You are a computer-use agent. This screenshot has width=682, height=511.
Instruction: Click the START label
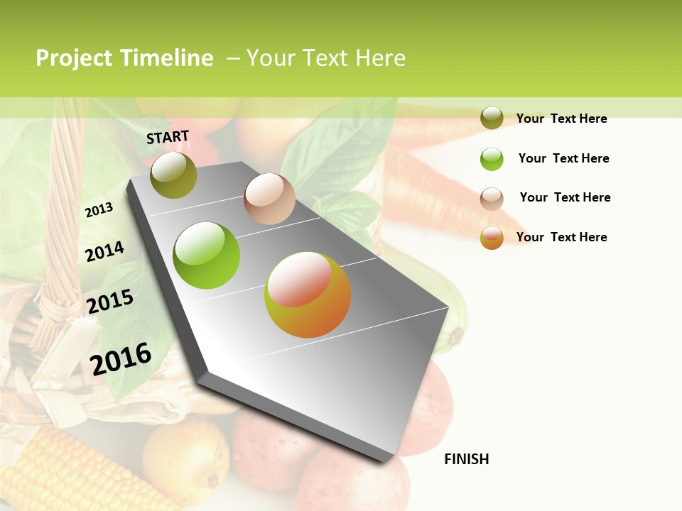(x=168, y=137)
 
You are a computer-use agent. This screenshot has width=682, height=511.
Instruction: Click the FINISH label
(x=467, y=459)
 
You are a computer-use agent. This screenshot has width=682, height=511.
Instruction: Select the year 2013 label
(x=99, y=210)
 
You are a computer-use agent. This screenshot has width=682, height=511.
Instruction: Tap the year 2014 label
(x=104, y=252)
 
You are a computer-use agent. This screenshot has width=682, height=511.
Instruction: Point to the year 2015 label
(x=110, y=302)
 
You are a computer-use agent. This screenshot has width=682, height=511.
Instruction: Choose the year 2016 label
(x=121, y=358)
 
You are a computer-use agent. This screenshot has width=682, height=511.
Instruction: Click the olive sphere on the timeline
(x=173, y=175)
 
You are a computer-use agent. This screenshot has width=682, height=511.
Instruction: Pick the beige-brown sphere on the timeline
(x=269, y=199)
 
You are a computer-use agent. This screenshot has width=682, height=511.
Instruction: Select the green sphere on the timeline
(x=207, y=255)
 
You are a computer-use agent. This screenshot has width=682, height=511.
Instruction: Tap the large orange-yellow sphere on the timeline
(x=308, y=295)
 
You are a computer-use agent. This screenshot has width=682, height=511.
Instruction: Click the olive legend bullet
(x=492, y=119)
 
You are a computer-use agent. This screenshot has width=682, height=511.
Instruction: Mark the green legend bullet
(x=492, y=159)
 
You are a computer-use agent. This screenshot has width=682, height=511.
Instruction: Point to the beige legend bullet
(x=492, y=199)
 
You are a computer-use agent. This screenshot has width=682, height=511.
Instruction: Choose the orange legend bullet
(x=492, y=238)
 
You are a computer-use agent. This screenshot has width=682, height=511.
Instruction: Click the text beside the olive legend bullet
(x=561, y=119)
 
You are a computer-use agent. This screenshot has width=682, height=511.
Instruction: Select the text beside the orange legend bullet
(x=561, y=237)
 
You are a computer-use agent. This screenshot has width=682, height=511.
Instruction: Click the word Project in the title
(x=75, y=58)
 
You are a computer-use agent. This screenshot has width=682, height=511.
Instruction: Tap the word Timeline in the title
(x=167, y=58)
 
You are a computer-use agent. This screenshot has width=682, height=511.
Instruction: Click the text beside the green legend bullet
(x=563, y=158)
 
